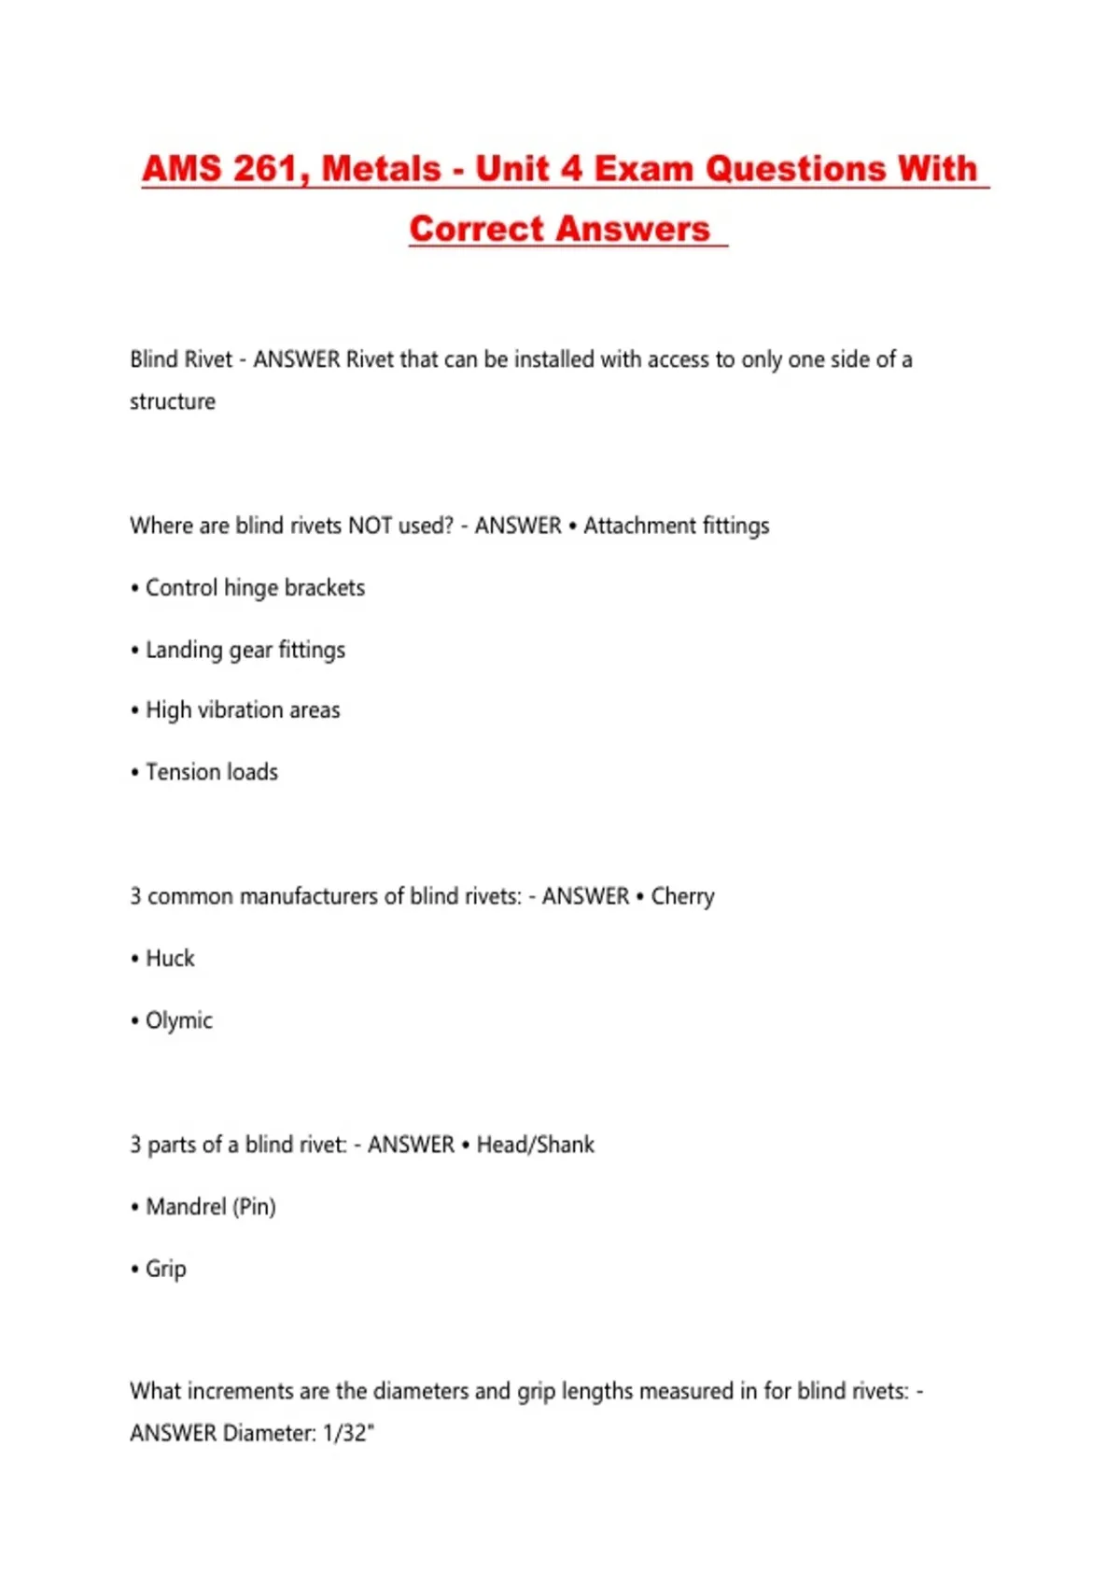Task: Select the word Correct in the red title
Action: pos(475,229)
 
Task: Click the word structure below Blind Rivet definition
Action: pos(173,401)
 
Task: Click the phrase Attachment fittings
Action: pos(676,526)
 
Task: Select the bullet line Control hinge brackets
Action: pos(255,588)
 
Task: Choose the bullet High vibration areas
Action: pos(243,710)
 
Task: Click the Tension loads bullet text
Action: pos(212,772)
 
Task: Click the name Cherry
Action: pos(682,896)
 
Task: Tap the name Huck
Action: pos(170,959)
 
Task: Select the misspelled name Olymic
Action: pos(178,1020)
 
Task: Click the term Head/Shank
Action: pos(535,1145)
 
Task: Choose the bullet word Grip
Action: pos(166,1269)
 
